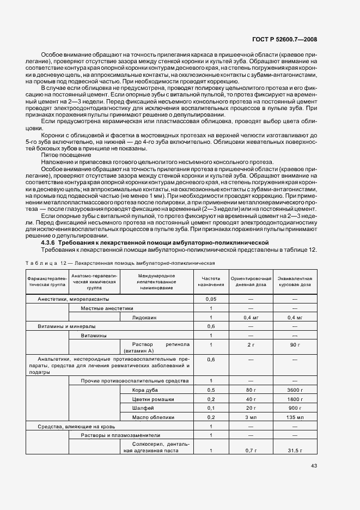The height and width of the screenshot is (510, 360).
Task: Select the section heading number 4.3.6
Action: pyautogui.click(x=50, y=242)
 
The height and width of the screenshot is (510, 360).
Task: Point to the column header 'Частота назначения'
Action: pyautogui.click(x=210, y=281)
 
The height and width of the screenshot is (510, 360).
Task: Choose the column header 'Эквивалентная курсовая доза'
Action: pyautogui.click(x=295, y=281)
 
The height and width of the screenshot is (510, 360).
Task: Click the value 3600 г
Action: pyautogui.click(x=295, y=390)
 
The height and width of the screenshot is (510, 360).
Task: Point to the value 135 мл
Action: pyautogui.click(x=295, y=417)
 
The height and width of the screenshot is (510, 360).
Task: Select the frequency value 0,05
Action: pyautogui.click(x=211, y=299)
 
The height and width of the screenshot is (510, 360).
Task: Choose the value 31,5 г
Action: pyautogui.click(x=295, y=450)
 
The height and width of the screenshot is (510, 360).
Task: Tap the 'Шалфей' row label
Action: pyautogui.click(x=143, y=408)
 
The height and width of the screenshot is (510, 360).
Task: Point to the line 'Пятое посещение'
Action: pyautogui.click(x=60, y=155)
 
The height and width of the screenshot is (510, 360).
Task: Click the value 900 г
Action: pyautogui.click(x=295, y=408)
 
